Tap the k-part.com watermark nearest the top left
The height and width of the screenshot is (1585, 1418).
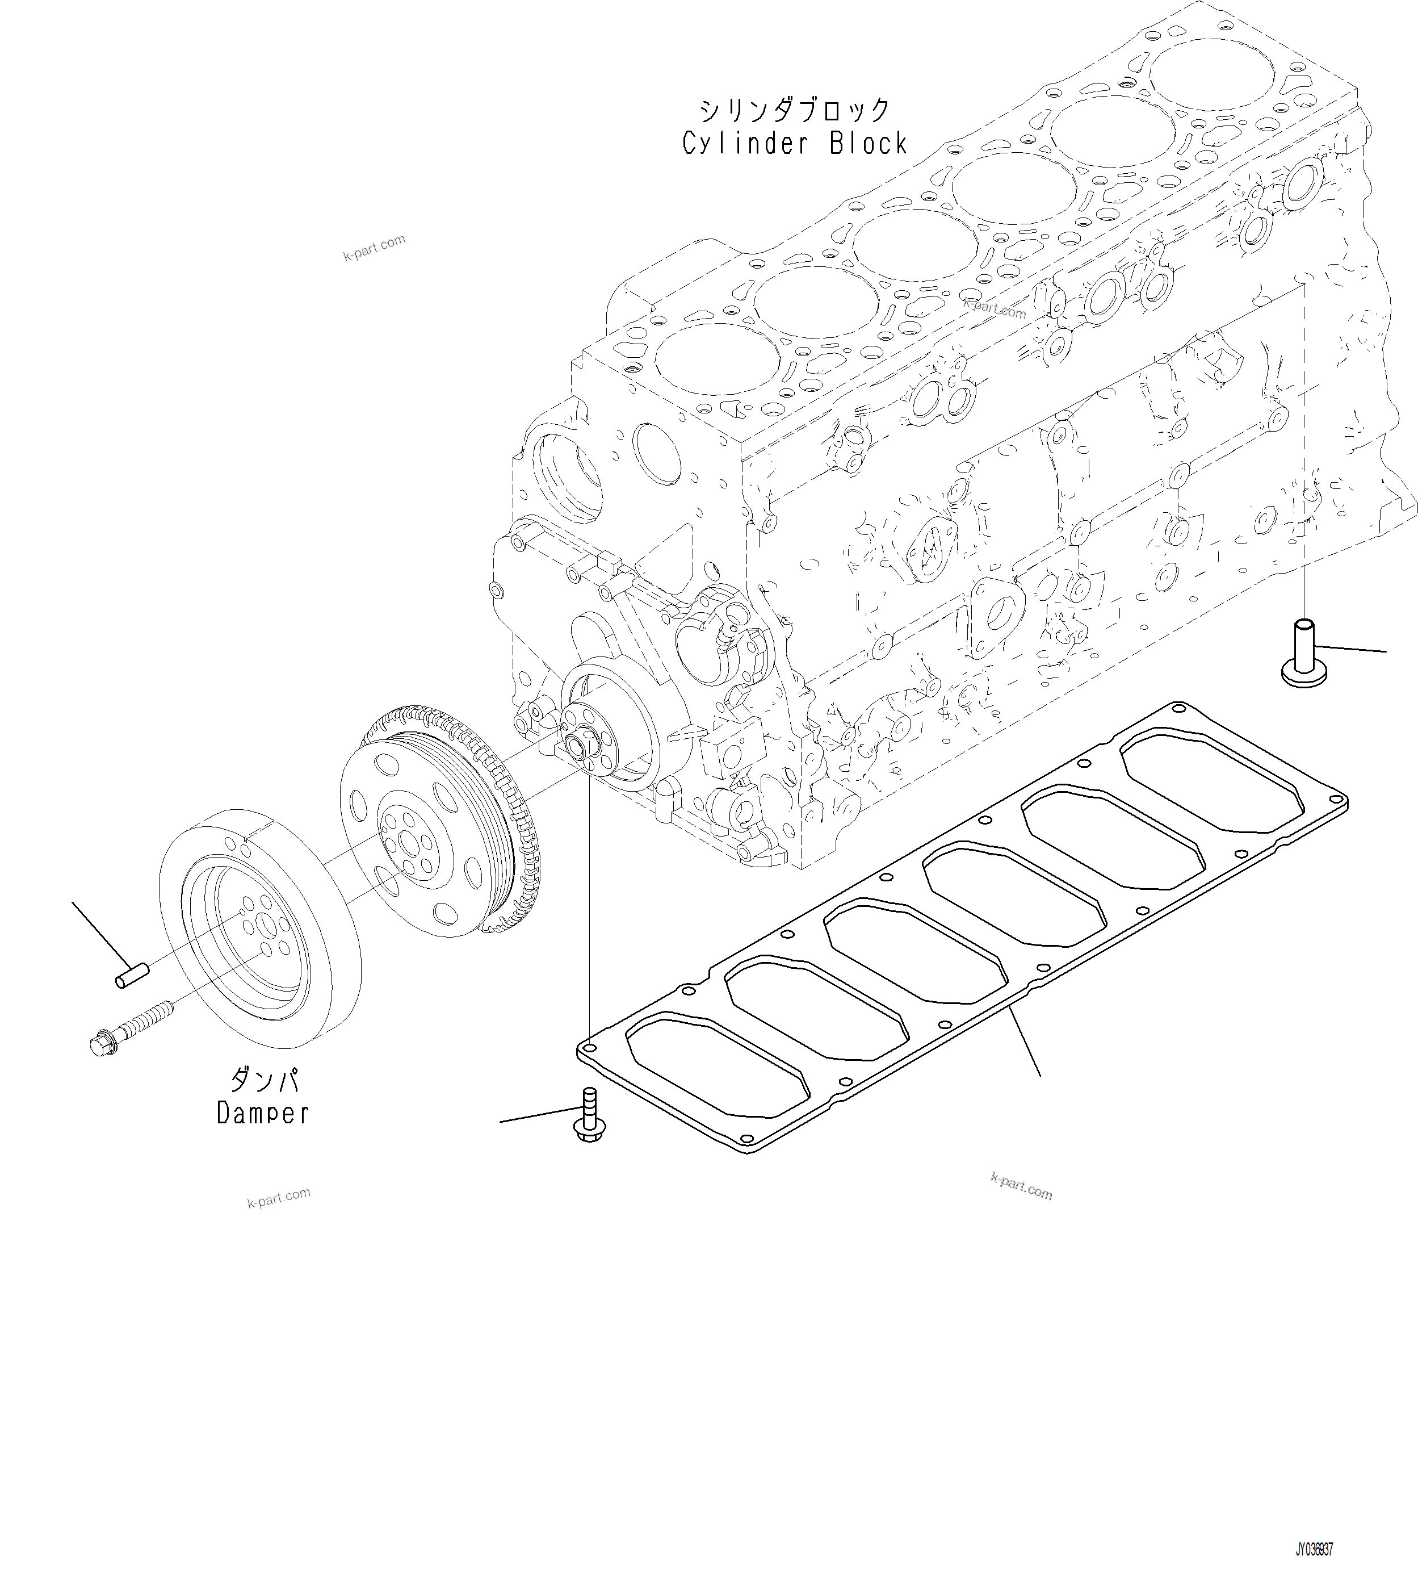[x=374, y=248]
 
